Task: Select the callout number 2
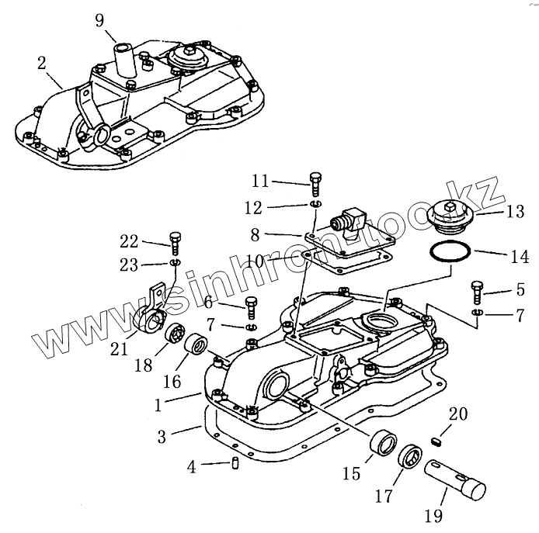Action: (41, 63)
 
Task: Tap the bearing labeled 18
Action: (177, 336)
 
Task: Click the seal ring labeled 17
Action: (410, 457)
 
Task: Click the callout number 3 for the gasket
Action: (162, 437)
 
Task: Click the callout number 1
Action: (159, 403)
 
